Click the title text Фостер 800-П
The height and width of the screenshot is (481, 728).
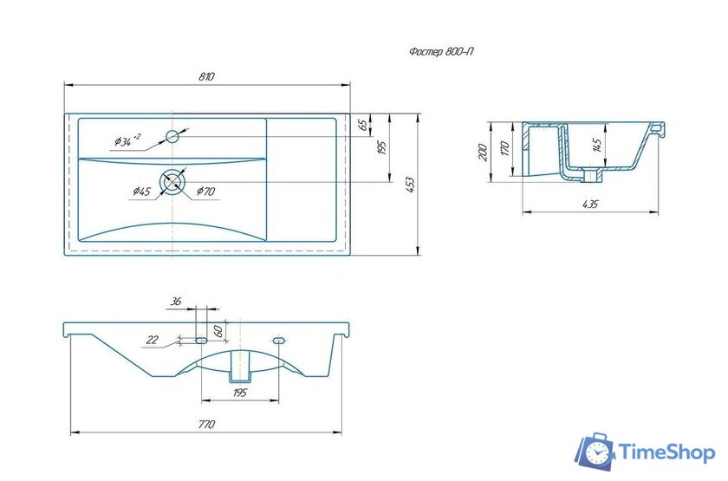(441, 51)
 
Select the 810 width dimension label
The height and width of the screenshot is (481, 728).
(206, 76)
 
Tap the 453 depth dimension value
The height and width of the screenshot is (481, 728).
(410, 185)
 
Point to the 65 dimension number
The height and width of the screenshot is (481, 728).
(364, 125)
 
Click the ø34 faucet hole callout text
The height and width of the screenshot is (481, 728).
(127, 140)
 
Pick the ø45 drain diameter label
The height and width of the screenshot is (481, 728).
(141, 191)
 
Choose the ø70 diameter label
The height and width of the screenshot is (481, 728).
(205, 191)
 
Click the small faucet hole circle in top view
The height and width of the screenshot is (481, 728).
(172, 137)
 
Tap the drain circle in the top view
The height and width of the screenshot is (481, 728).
(172, 181)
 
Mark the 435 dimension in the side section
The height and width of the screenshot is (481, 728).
(590, 204)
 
